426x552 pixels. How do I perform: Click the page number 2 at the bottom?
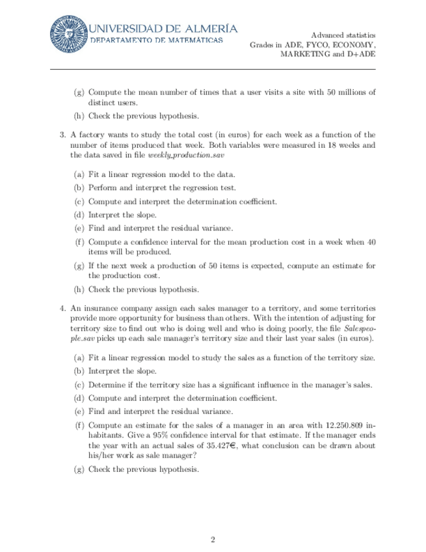point(213,539)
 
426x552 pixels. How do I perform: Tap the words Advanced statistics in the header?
point(343,34)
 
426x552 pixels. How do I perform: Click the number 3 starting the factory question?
point(62,135)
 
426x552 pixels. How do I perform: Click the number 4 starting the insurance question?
point(62,308)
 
